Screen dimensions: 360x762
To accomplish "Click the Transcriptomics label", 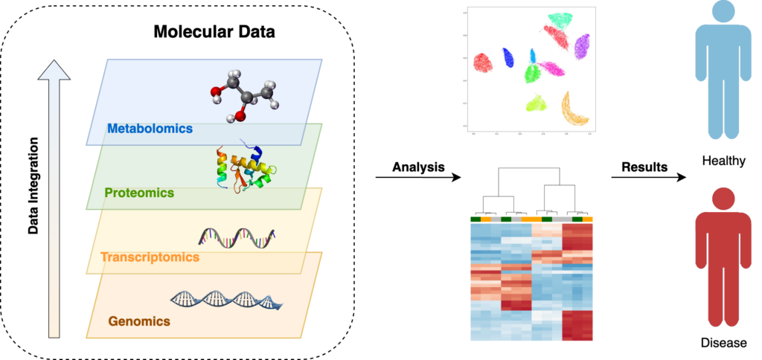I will [150, 257].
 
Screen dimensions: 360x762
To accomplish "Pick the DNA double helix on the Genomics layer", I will [228, 299].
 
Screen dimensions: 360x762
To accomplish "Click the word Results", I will [643, 167].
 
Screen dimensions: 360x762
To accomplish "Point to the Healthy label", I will [723, 160].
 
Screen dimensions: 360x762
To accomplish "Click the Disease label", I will [722, 343].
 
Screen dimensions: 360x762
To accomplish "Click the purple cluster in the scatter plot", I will [582, 46].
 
